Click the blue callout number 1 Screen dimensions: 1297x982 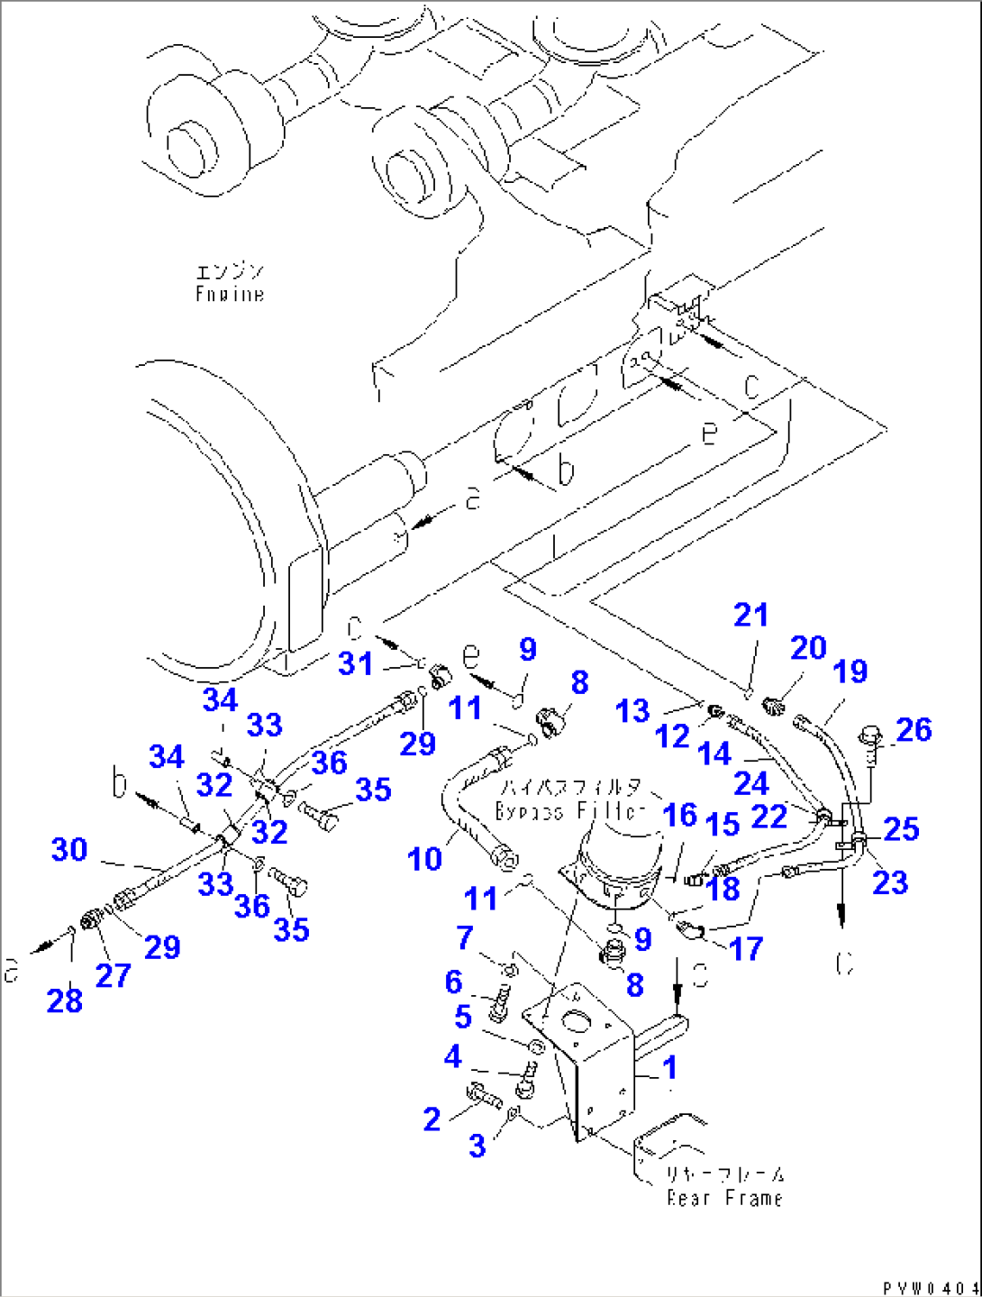[x=669, y=1068]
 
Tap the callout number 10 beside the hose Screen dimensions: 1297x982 [x=424, y=859]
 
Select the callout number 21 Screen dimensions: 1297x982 [x=750, y=616]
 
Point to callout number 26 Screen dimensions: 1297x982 [x=914, y=730]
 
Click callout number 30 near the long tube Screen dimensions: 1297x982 [x=69, y=849]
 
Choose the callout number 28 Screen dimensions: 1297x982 [x=64, y=1000]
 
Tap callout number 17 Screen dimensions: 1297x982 [x=746, y=948]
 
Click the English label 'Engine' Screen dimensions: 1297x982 [x=230, y=294]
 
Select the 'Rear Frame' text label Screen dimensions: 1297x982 [x=724, y=1198]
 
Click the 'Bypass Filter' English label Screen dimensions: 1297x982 [x=570, y=810]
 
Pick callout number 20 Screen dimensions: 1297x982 [x=808, y=648]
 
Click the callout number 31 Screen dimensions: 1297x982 [x=355, y=663]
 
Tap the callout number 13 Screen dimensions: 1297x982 [x=632, y=711]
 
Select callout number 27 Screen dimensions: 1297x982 [x=113, y=974]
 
